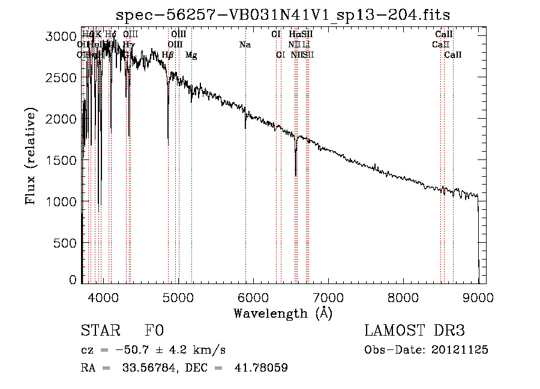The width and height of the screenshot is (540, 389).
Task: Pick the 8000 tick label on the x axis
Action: coord(403,297)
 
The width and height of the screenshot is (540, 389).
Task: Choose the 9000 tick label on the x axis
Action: coord(478,297)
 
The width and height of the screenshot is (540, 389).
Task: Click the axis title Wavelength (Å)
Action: coord(283,313)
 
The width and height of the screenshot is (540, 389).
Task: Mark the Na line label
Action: coord(245,44)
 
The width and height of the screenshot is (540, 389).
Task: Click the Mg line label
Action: coord(191,55)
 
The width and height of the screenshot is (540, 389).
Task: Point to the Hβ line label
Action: coord(168,55)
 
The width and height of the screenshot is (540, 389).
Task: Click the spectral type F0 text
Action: coord(154,331)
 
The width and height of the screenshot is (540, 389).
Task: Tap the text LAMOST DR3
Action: coord(414,331)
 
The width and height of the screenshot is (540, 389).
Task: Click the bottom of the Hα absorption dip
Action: coord(296,175)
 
